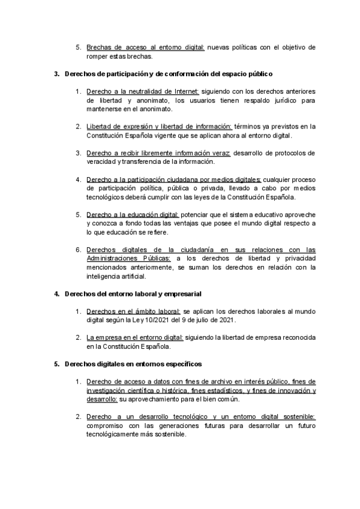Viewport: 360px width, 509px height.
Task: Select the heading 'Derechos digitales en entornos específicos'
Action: point(132,364)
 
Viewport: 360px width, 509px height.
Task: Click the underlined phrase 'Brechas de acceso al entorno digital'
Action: point(145,46)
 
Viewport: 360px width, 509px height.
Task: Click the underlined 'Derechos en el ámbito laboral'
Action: point(133,312)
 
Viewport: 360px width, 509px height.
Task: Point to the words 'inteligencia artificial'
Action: point(121,277)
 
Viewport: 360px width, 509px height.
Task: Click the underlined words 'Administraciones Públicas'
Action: point(128,258)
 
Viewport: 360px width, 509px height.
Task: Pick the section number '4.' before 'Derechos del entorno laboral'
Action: point(56,294)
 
